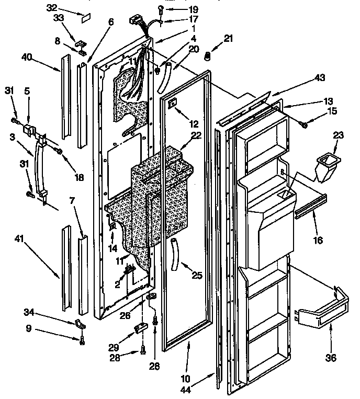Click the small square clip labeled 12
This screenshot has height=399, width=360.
pos(172,105)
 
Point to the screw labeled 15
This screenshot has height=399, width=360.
pos(305,123)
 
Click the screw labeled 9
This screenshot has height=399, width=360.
pos(83,341)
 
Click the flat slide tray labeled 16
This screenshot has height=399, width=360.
pos(311,206)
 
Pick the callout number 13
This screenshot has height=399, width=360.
pos(328,102)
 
